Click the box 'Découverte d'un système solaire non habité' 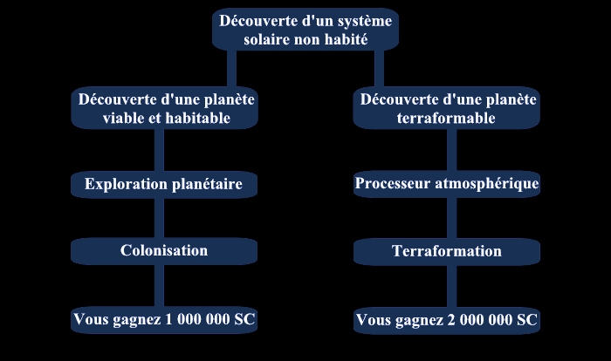click(x=305, y=30)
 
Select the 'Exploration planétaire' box click(x=164, y=184)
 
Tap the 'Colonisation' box click(x=164, y=251)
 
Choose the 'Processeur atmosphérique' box click(x=447, y=184)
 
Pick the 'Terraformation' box click(x=447, y=252)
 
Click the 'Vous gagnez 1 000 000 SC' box click(x=164, y=320)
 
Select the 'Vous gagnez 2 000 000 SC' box click(x=447, y=321)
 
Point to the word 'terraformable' click(x=446, y=118)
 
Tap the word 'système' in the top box click(x=365, y=22)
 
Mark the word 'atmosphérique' click(x=487, y=184)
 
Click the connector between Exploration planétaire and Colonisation click(x=159, y=218)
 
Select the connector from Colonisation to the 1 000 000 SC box click(x=159, y=286)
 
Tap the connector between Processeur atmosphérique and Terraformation click(x=451, y=218)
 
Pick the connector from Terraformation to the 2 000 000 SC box click(x=451, y=287)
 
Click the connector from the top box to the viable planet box click(x=232, y=69)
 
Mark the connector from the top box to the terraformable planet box click(x=379, y=69)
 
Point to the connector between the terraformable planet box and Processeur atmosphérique click(x=451, y=150)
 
